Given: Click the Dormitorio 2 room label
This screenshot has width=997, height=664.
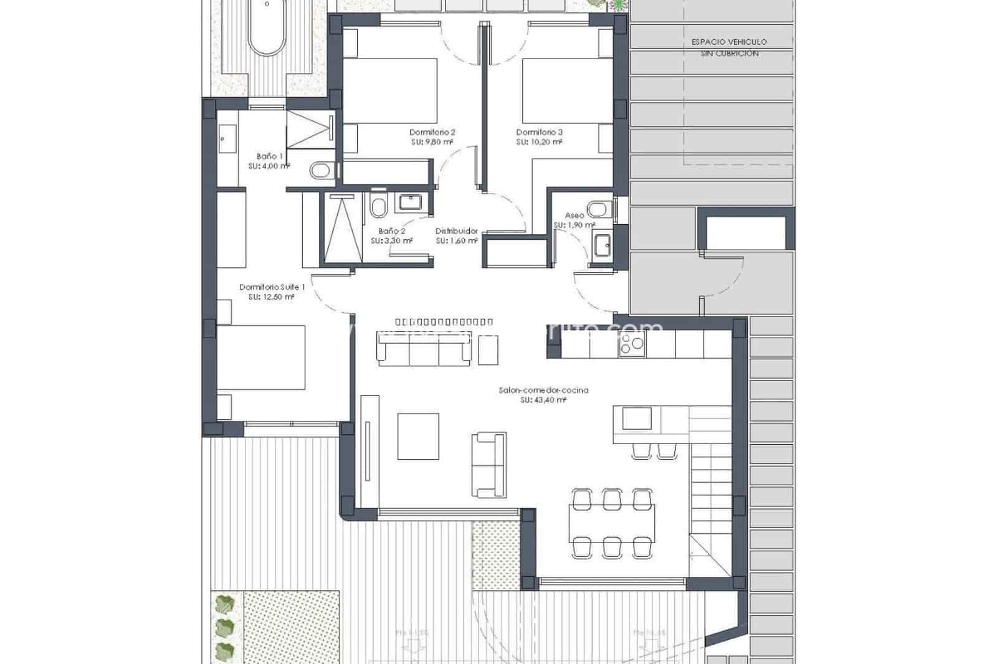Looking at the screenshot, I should [x=432, y=132].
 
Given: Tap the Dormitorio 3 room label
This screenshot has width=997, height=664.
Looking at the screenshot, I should [x=539, y=132].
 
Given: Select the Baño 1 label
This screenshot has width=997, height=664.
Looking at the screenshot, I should [x=269, y=156].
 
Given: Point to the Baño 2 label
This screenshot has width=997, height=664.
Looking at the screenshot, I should [x=391, y=230].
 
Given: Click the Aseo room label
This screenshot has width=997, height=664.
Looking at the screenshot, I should [x=574, y=216].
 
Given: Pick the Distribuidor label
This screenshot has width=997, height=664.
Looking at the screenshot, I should [x=456, y=230].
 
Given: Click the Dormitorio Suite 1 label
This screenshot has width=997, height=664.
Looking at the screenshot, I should [x=272, y=287].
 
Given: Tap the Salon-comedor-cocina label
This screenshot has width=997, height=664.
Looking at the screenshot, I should [x=543, y=391].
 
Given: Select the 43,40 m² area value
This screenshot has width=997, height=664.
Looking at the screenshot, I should [x=543, y=401].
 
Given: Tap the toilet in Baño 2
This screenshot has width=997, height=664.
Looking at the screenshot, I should [x=378, y=206].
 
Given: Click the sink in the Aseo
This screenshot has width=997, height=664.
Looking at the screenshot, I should [x=602, y=245].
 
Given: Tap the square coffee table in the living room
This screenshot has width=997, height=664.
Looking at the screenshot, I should [x=418, y=436].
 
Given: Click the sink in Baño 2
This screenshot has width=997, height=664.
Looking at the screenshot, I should [x=409, y=202].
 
